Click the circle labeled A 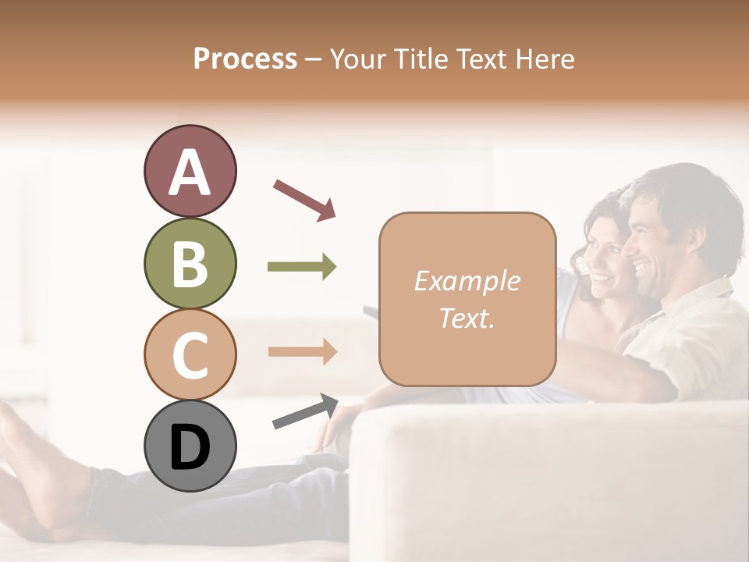tap(190, 171)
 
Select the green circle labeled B tap(190, 263)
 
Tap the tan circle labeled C tap(190, 354)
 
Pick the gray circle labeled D tap(190, 446)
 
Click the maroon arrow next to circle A tap(304, 200)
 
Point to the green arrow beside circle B tap(302, 267)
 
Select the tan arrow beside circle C tap(302, 351)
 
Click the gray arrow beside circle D tap(305, 411)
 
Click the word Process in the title tap(245, 59)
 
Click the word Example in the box tap(467, 281)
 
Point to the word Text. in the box tap(467, 318)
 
